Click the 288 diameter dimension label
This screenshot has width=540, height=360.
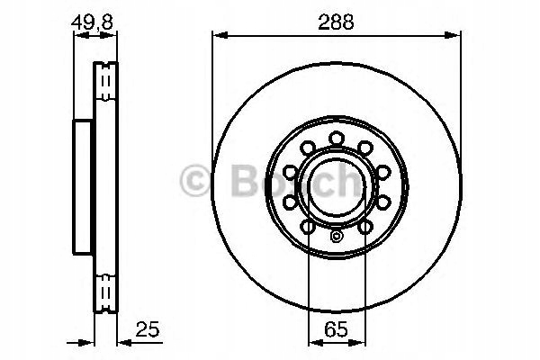pos(336,22)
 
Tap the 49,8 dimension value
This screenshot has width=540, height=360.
pos(92,22)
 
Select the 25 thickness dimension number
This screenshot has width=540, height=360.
pos(148,329)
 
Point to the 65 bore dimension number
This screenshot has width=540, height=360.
pos(336,329)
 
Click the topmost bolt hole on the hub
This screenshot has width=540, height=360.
pos(337,139)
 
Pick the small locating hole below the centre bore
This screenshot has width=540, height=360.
pos(336,237)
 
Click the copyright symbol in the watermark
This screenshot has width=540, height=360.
pos(195,181)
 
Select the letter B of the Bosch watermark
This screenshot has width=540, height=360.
pos(245,181)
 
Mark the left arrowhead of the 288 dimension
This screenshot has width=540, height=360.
pos(220,35)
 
